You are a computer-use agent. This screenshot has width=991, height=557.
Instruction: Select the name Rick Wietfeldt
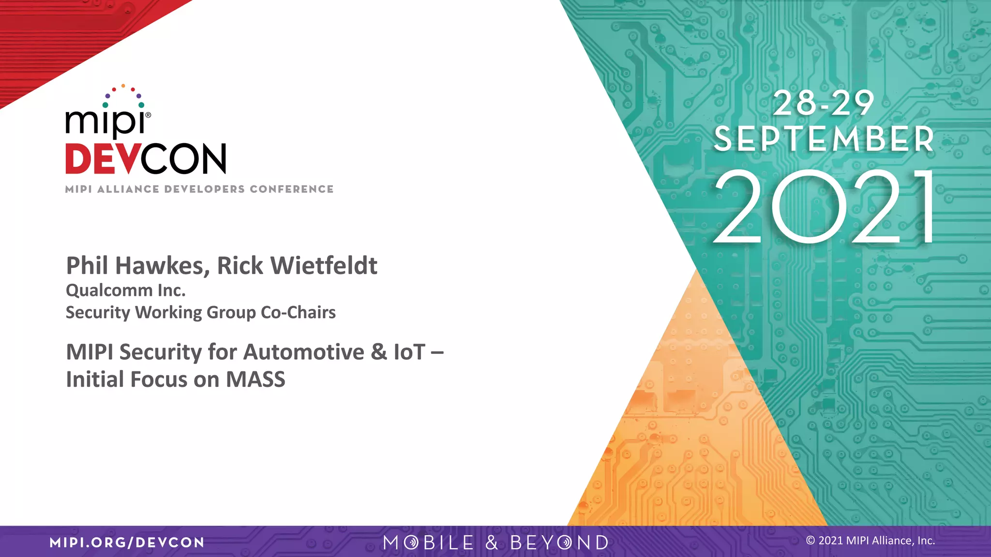[x=297, y=266]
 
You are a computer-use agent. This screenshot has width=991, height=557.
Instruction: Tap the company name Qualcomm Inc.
[x=126, y=291]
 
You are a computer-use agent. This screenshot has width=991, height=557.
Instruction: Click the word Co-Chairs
[x=298, y=313]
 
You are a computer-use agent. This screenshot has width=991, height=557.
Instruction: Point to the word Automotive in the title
[x=303, y=352]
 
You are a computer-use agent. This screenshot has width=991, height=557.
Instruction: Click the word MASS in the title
[x=255, y=380]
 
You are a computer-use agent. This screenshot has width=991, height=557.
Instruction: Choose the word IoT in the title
[x=409, y=352]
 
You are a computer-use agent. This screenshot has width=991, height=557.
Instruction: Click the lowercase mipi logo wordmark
[x=107, y=122]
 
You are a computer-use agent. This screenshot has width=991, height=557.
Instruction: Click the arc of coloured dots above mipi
[x=123, y=95]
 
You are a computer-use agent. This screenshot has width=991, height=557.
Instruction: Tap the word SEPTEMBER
[x=824, y=139]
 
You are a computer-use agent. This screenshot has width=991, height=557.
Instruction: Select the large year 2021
[x=824, y=207]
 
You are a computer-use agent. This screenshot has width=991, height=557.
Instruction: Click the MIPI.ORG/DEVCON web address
[x=127, y=542]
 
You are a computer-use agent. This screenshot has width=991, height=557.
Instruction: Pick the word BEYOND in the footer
[x=559, y=542]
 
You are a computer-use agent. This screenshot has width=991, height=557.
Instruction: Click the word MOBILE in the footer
[x=428, y=542]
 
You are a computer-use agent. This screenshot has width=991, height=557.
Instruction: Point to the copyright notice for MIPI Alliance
[x=870, y=541]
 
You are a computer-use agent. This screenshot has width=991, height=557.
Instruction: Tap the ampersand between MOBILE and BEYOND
[x=492, y=542]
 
